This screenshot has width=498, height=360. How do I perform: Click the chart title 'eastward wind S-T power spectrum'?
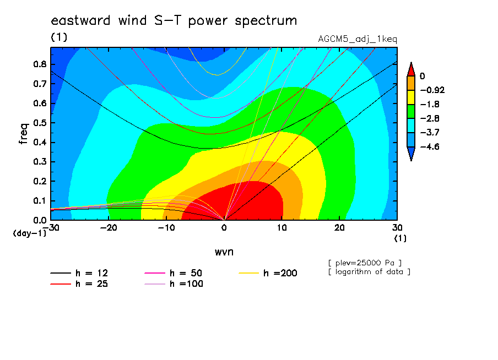pyautogui.click(x=174, y=20)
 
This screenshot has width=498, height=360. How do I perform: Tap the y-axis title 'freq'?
pyautogui.click(x=23, y=134)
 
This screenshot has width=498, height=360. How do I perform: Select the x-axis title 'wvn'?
pyautogui.click(x=224, y=252)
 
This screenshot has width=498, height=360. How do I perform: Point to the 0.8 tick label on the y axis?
pyautogui.click(x=40, y=64)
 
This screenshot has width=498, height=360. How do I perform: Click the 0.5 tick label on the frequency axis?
pyautogui.click(x=40, y=123)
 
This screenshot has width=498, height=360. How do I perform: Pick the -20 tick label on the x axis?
pyautogui.click(x=109, y=228)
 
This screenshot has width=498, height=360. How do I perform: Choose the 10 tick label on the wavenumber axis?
pyautogui.click(x=282, y=228)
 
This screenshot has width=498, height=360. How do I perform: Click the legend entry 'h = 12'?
pyautogui.click(x=79, y=273)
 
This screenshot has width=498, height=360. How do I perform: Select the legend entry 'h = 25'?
pyautogui.click(x=79, y=284)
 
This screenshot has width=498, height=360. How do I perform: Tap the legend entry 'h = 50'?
pyautogui.click(x=174, y=273)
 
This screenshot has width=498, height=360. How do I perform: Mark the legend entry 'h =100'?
pyautogui.click(x=174, y=284)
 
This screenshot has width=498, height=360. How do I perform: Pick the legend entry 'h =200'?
pyautogui.click(x=268, y=273)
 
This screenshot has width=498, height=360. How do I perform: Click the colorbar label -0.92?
pyautogui.click(x=432, y=90)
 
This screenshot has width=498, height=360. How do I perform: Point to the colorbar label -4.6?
pyautogui.click(x=430, y=146)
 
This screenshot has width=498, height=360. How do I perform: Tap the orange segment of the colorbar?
pyautogui.click(x=411, y=83)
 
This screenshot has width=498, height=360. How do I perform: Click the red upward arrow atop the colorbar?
pyautogui.click(x=411, y=69)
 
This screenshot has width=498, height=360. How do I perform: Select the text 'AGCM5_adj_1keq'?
pyautogui.click(x=358, y=40)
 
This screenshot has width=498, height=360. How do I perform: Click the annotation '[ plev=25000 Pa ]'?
pyautogui.click(x=365, y=263)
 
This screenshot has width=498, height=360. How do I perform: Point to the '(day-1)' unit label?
pyautogui.click(x=30, y=233)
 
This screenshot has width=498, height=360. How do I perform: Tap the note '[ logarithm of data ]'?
pyautogui.click(x=370, y=272)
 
